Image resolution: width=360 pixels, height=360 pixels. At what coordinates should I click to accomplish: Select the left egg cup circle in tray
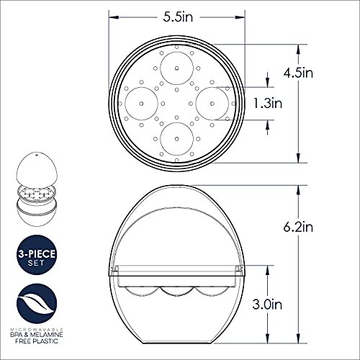(x=142, y=102)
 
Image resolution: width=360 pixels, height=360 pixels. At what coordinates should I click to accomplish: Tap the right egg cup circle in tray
(x=213, y=102)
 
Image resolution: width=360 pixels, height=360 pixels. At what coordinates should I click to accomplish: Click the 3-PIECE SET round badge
(x=35, y=257)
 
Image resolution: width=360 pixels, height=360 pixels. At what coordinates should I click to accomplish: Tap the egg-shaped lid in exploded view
(x=35, y=168)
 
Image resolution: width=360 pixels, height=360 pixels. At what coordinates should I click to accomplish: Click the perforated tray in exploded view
(x=35, y=193)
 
